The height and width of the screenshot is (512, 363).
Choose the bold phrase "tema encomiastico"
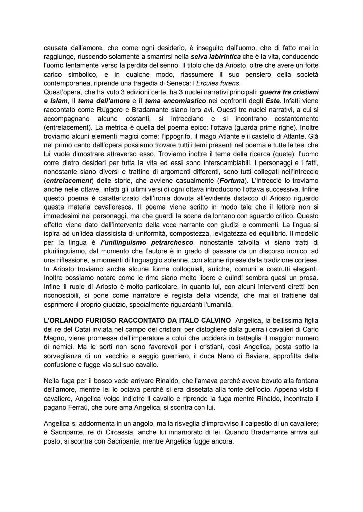click(175, 101)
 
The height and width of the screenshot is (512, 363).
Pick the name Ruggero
click(109, 109)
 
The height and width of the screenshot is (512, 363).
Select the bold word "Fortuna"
click(232, 181)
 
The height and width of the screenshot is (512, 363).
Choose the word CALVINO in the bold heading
click(214, 321)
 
